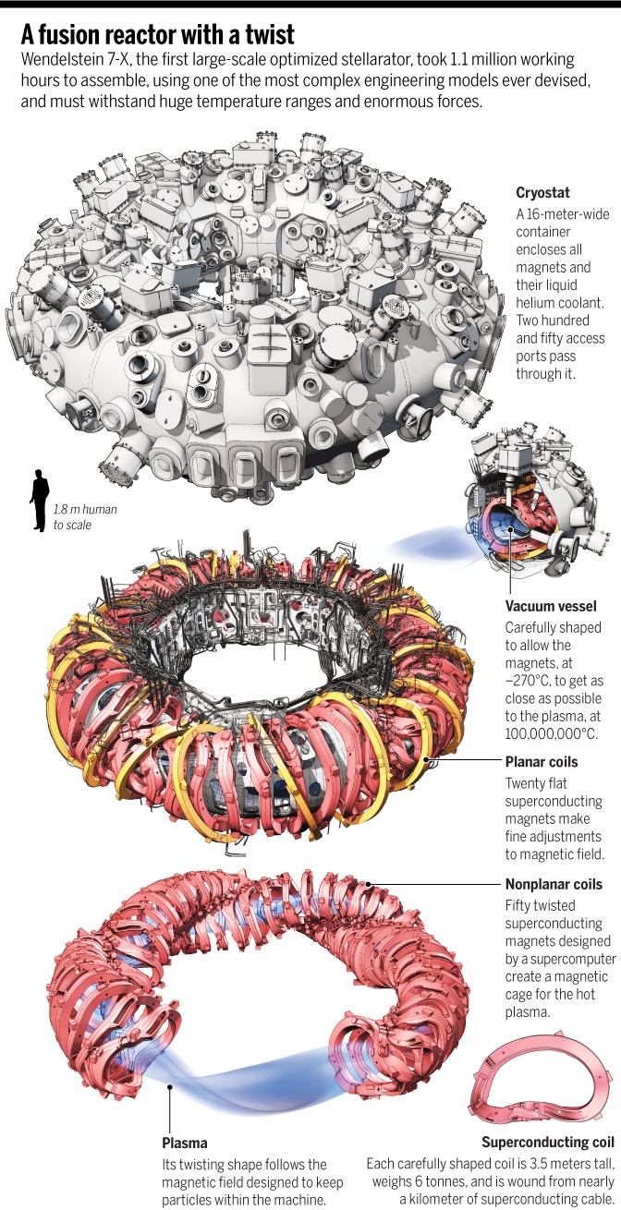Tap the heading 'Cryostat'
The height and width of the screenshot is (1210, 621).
click(542, 194)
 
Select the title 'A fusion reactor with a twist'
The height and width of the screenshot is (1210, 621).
click(158, 36)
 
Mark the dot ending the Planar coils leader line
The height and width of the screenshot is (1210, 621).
click(428, 762)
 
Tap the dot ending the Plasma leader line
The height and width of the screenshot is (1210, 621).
click(170, 1087)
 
